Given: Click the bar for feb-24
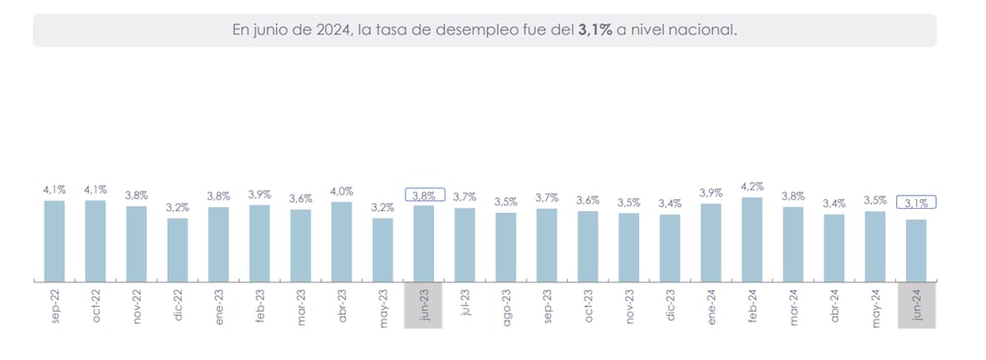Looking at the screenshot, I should [751, 239].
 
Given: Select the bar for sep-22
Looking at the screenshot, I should [54, 241].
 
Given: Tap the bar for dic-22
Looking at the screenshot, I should [177, 250].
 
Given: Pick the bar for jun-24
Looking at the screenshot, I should [916, 251].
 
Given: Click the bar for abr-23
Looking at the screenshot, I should [341, 242].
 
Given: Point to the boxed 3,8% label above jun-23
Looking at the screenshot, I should [424, 194].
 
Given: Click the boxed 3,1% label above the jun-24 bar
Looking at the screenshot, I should [916, 202].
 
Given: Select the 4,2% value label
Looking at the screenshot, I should [751, 185].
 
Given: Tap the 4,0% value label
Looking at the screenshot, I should [341, 190].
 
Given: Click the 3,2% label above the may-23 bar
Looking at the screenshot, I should [383, 207].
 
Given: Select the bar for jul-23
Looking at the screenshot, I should [464, 244].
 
